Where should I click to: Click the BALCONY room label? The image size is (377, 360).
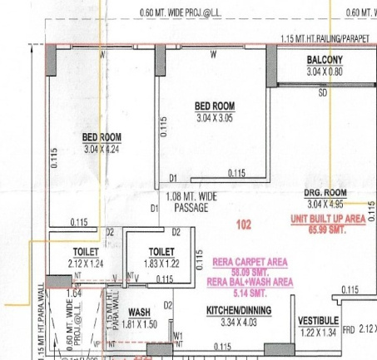coord(324,60)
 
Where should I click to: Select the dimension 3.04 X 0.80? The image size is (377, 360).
coord(324,72)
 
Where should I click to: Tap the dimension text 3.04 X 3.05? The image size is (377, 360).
coord(214,117)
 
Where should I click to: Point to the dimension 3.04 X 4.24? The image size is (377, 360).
coord(102,149)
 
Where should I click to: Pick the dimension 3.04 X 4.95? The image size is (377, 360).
coord(325,204)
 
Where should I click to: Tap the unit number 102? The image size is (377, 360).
coord(244,224)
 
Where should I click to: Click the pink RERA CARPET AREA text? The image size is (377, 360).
coord(250,261)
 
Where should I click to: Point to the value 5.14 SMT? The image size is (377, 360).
coord(250,293)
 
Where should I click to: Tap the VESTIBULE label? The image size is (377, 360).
coord(318,320)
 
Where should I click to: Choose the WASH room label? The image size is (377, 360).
coord(139,313)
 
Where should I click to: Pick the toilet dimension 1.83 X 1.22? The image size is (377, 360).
coord(161,263)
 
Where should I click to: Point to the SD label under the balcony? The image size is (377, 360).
coord(323,93)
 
